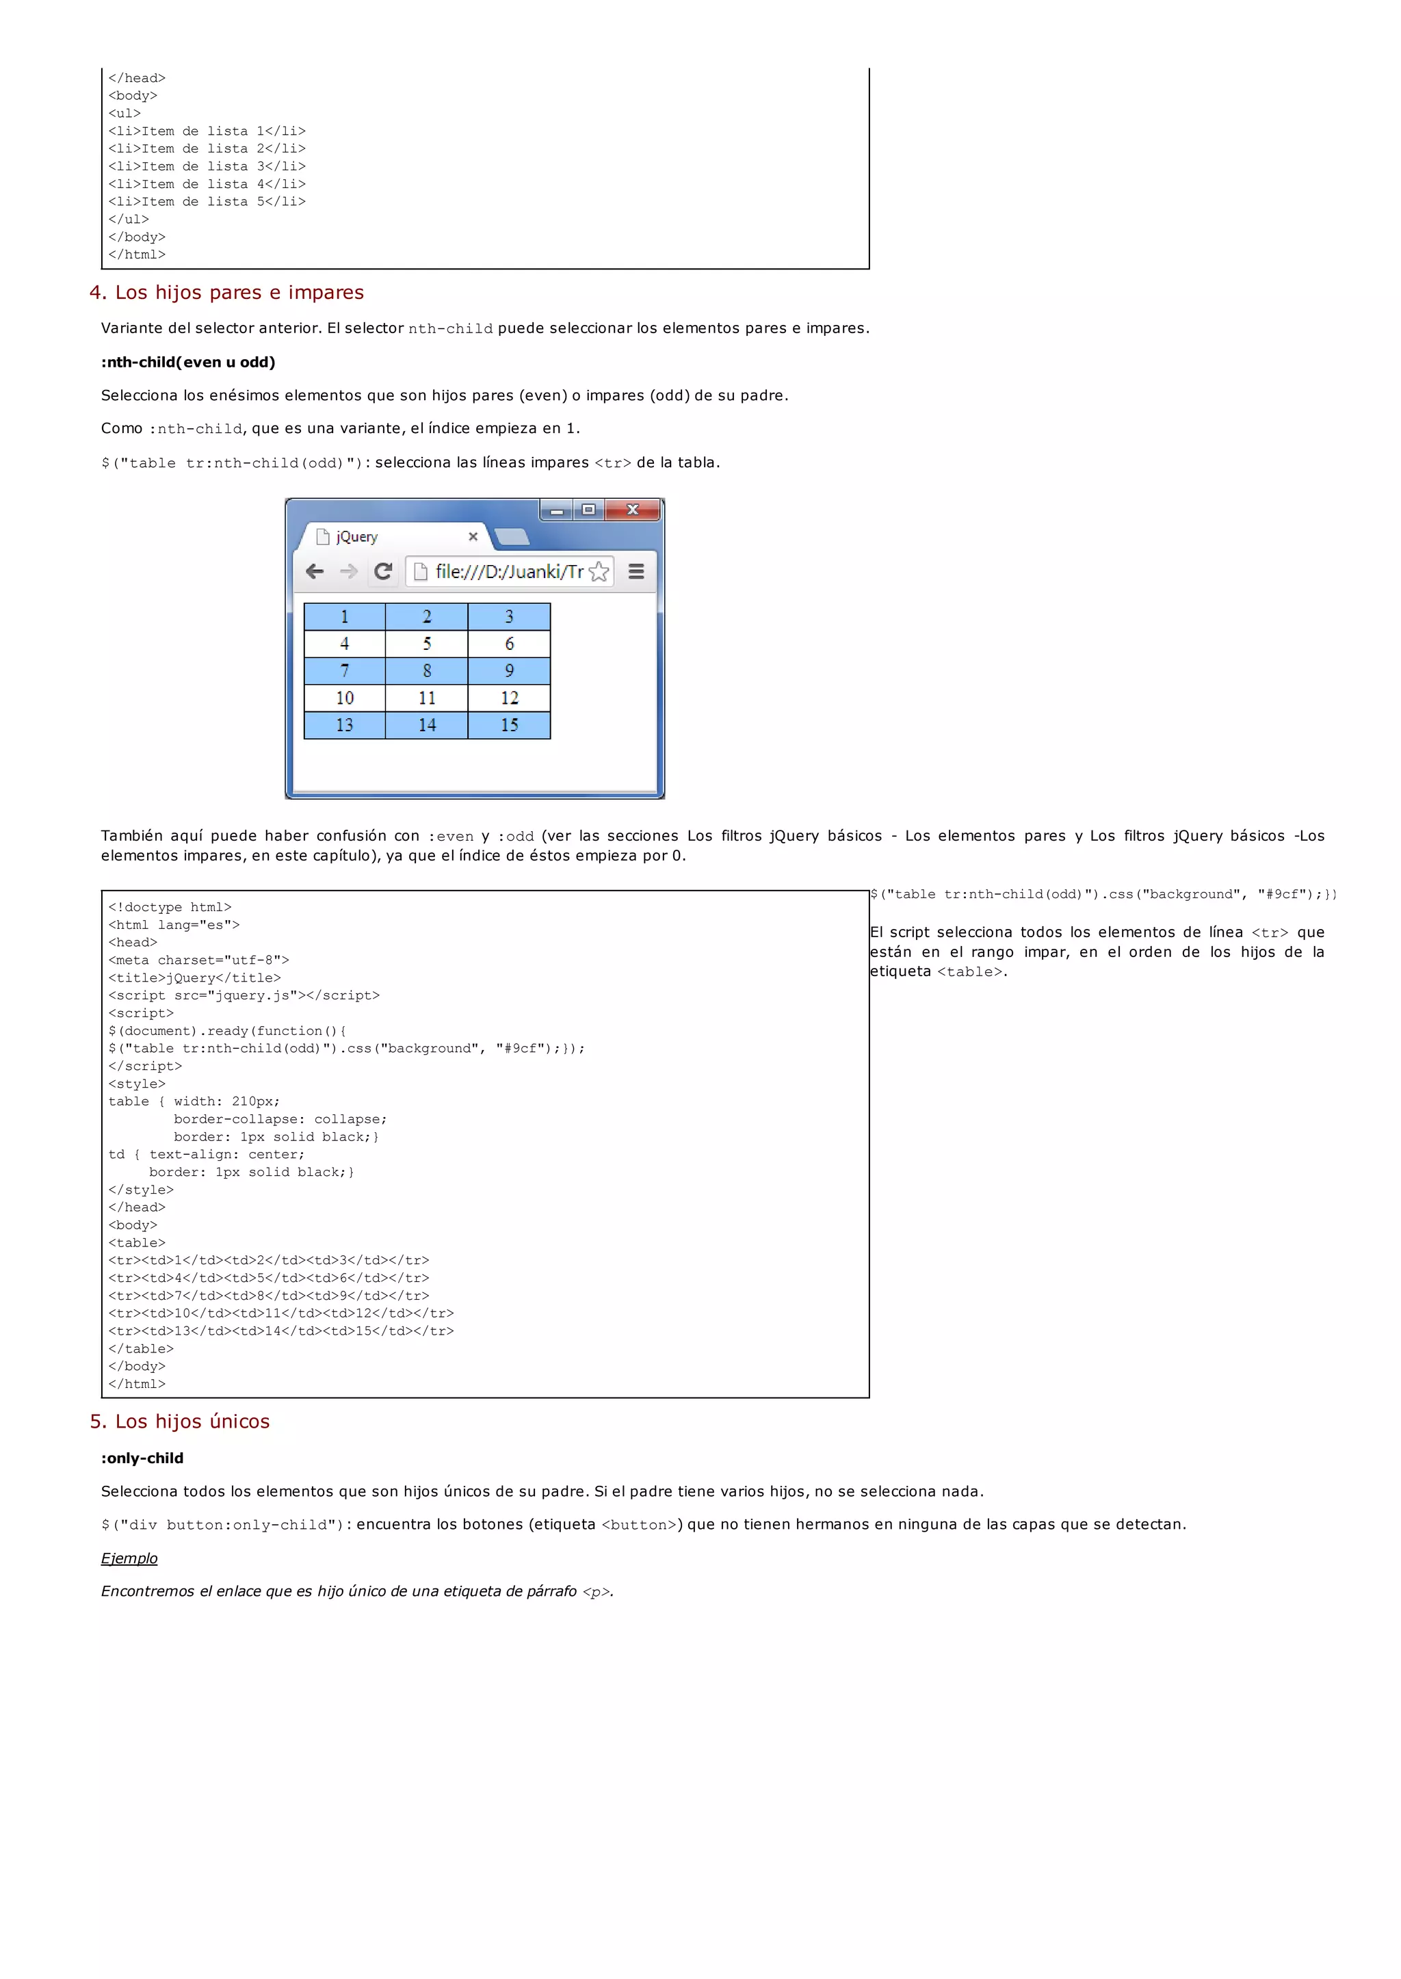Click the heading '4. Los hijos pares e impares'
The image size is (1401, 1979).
(227, 293)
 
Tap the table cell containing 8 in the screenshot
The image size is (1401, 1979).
(426, 671)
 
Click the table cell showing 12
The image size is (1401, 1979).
(509, 698)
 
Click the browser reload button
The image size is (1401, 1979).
(383, 571)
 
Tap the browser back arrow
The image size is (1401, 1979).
(315, 571)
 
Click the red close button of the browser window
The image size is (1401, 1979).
(632, 510)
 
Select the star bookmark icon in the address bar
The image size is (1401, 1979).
(599, 571)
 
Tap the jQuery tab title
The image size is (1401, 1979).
(356, 536)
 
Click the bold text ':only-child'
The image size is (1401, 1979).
(142, 1458)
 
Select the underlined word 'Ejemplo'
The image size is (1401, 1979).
(129, 1558)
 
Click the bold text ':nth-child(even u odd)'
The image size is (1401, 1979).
(188, 363)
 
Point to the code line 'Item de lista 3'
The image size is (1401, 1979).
(207, 166)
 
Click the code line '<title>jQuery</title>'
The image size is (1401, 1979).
(195, 978)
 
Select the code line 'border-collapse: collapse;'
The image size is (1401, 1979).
(280, 1119)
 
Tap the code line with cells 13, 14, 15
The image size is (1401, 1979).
(281, 1331)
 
